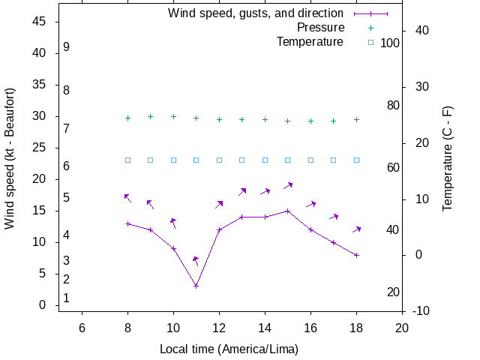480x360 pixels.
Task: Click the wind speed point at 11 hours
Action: tap(196, 286)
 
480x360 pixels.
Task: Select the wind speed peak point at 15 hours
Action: tap(288, 211)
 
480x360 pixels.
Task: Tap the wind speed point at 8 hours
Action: tap(127, 223)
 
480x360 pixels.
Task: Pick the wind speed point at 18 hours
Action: tap(356, 255)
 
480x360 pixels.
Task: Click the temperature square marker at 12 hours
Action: tap(219, 160)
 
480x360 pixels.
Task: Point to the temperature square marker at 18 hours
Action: tap(356, 160)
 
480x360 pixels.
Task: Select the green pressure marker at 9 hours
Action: tap(150, 116)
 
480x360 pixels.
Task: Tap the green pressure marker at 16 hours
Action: tap(310, 121)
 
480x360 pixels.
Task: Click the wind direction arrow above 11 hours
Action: tap(196, 261)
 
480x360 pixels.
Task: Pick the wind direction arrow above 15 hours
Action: tap(288, 185)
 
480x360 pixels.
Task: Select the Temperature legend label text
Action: tap(310, 41)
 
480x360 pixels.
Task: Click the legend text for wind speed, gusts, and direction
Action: tap(256, 13)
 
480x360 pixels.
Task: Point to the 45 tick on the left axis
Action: tap(40, 22)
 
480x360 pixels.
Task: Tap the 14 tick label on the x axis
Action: tap(265, 327)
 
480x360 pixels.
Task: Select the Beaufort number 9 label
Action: tap(67, 46)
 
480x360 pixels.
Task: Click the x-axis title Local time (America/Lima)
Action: tap(229, 349)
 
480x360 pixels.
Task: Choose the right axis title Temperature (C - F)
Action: tap(448, 158)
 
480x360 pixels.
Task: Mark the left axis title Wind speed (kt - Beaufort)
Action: tap(10, 158)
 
